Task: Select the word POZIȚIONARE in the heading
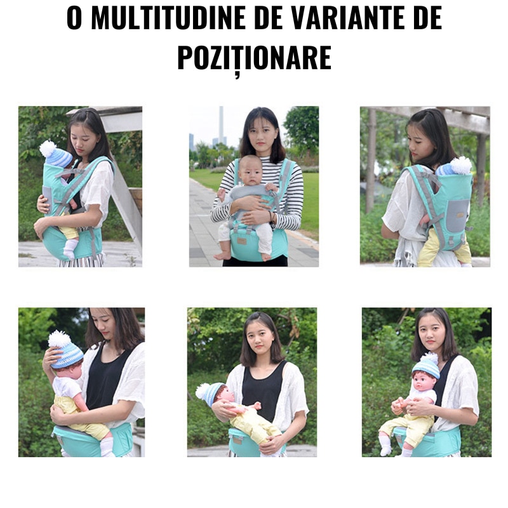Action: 255,58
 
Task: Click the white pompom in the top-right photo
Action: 461,166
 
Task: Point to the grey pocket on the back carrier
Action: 457,215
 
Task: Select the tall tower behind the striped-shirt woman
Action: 221,124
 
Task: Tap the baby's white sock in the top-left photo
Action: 70,249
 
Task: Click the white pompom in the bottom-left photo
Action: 59,339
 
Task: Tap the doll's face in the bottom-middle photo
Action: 229,396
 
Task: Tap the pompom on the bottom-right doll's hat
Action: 429,359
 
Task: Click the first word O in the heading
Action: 74,18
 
